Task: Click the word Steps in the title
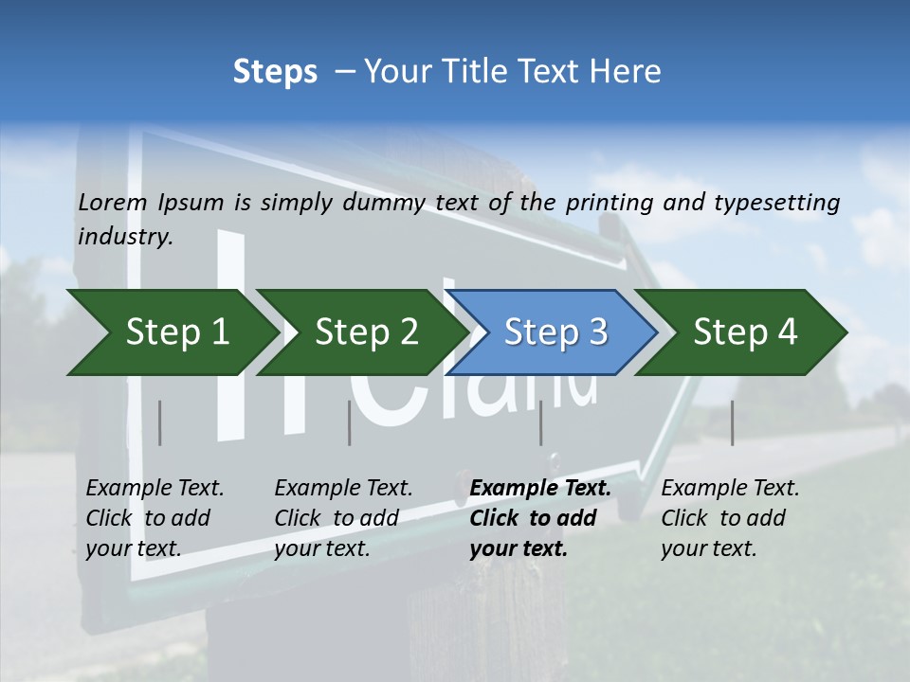(275, 72)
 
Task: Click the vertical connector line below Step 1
(160, 422)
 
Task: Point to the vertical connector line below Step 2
(350, 422)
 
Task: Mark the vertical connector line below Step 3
(540, 422)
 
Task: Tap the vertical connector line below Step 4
(732, 422)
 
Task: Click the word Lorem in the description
(113, 202)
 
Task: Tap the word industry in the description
(125, 237)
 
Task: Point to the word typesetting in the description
(785, 202)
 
